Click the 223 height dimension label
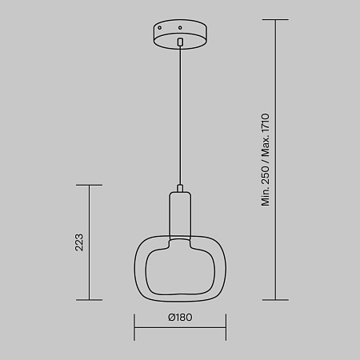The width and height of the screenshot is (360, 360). coord(79,242)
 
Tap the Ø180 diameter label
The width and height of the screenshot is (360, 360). coord(180,318)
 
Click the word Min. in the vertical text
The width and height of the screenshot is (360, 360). coord(266,197)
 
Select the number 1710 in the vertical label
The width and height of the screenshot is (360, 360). coord(266,123)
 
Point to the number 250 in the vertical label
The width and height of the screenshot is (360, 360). coord(266,175)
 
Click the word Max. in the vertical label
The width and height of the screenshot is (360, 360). coord(266,147)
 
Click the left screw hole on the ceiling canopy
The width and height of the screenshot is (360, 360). coord(160,27)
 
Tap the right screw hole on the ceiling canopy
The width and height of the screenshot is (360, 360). coord(180,27)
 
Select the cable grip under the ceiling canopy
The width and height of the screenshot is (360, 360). coord(180,42)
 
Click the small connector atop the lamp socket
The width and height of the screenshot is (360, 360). coord(180,188)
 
